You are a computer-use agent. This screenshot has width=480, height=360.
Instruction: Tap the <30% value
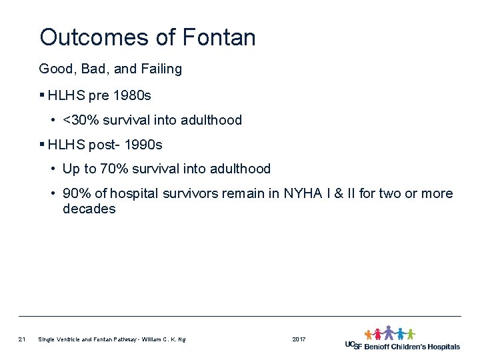(x=77, y=121)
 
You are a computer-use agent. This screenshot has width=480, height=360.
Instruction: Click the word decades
(x=89, y=209)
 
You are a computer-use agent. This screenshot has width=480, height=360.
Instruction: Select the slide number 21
(x=22, y=340)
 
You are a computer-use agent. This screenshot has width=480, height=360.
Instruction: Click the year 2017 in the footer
(x=299, y=340)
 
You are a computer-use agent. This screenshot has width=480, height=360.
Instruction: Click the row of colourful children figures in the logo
(x=389, y=333)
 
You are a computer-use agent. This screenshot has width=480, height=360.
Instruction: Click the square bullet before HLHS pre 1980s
(x=42, y=96)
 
